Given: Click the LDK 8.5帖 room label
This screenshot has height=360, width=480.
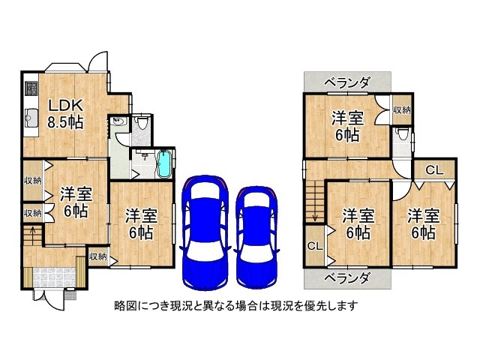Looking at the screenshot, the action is [x=65, y=114].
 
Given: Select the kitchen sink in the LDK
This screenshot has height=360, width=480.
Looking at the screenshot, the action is [x=31, y=117].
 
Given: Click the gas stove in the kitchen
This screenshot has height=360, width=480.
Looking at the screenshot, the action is [x=31, y=88].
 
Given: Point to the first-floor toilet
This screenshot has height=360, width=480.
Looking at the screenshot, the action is [x=142, y=122].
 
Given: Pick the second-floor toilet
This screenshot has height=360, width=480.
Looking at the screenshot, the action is [x=402, y=133].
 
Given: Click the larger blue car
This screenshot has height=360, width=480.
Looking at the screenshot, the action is [x=205, y=232].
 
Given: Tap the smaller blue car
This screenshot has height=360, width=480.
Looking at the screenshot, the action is [x=256, y=238].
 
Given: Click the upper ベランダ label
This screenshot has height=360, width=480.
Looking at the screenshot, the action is [x=347, y=82].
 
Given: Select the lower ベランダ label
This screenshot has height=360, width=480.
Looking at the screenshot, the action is [x=347, y=278].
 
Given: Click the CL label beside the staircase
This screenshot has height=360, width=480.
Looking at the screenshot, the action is [x=315, y=246].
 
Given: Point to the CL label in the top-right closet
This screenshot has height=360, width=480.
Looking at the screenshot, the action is [x=435, y=170].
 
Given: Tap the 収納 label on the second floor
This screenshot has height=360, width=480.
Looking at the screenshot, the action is [x=402, y=110].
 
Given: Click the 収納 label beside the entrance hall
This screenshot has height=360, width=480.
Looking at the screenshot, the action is [x=98, y=256].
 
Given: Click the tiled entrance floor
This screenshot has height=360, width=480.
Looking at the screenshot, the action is [x=54, y=277].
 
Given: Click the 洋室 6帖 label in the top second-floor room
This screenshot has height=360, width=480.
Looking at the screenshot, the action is [x=347, y=127].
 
